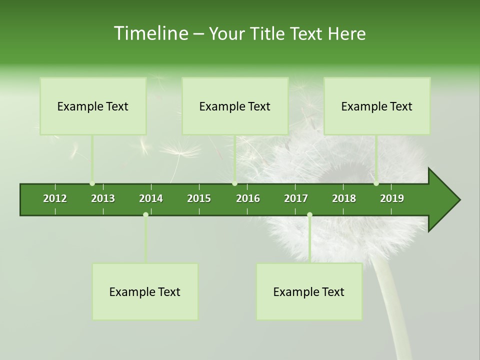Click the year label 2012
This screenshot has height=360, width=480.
[55, 198]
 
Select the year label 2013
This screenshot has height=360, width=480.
[103, 198]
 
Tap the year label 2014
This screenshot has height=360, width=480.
[151, 198]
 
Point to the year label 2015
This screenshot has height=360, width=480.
[199, 198]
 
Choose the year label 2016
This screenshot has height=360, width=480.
[248, 198]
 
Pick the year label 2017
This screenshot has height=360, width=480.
[296, 198]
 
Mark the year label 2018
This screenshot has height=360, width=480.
[344, 198]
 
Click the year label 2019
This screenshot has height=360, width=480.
[392, 198]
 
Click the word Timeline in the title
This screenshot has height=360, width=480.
[150, 33]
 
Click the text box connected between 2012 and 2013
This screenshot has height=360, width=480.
[93, 106]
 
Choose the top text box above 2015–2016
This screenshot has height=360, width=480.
[235, 106]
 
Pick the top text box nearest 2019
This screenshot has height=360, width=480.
[377, 106]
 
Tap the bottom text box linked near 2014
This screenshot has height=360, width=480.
[145, 291]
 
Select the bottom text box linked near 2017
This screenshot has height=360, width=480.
[309, 291]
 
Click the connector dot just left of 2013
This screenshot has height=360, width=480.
[92, 183]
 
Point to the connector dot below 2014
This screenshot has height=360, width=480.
[145, 214]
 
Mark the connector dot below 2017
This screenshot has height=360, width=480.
[309, 214]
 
